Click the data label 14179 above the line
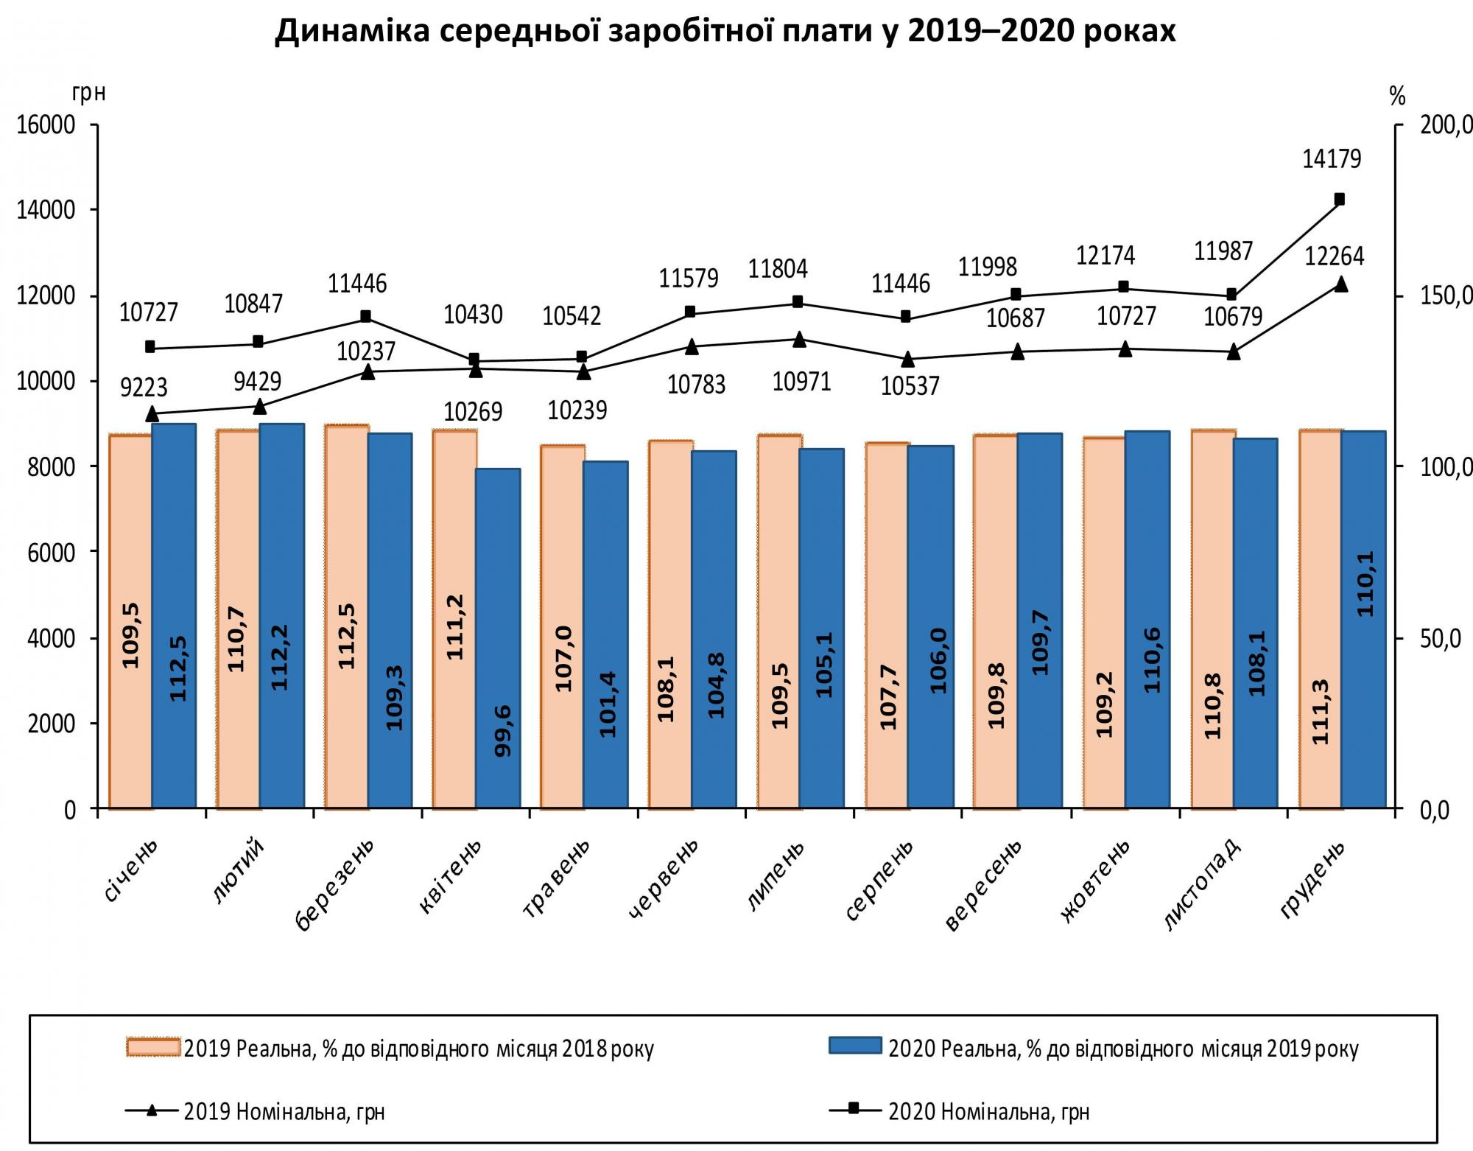point(1331,159)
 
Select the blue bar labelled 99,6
point(498,637)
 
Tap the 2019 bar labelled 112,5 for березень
point(346,615)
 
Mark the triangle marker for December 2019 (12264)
point(1340,284)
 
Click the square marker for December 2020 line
point(1339,199)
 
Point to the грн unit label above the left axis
point(89,94)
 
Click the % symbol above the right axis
point(1397,96)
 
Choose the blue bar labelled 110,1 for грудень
point(1363,619)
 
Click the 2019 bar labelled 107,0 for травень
point(563,626)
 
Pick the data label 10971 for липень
point(801,382)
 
